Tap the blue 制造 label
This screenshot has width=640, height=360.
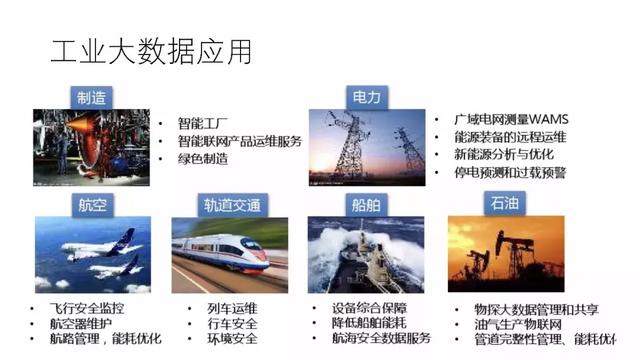[x=93, y=97]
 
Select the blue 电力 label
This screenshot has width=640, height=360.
[x=365, y=97]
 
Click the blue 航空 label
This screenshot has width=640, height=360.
[x=92, y=204]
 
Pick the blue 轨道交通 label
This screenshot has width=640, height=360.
[x=231, y=205]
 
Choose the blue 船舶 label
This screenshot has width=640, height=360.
[x=366, y=204]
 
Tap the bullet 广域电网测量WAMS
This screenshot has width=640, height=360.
[x=509, y=120]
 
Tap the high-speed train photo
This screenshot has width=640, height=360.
[x=230, y=254]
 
